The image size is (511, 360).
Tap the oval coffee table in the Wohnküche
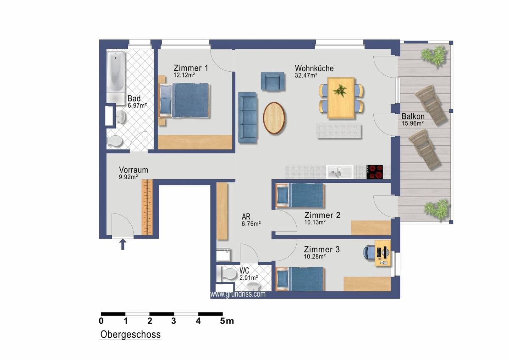(274, 118)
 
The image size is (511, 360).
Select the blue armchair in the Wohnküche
(273, 82)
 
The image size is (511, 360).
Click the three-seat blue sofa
(247, 118)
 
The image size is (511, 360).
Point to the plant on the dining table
(340, 90)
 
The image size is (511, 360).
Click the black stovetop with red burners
(375, 172)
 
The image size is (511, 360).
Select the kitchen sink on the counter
(340, 172)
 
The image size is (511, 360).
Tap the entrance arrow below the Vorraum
(123, 244)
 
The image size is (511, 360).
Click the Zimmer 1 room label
(191, 68)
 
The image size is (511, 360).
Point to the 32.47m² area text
(306, 75)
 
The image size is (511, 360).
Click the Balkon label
(413, 116)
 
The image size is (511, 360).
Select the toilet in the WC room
(227, 274)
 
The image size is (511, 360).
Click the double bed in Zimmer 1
(184, 100)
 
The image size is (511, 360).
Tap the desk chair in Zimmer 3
(369, 252)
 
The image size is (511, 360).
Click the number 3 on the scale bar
(174, 321)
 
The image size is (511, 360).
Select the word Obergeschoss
(130, 334)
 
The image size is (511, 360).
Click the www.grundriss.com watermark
(238, 294)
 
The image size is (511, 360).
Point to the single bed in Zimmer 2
(300, 195)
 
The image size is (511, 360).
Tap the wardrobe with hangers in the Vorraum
(147, 207)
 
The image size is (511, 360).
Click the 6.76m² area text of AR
(251, 224)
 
